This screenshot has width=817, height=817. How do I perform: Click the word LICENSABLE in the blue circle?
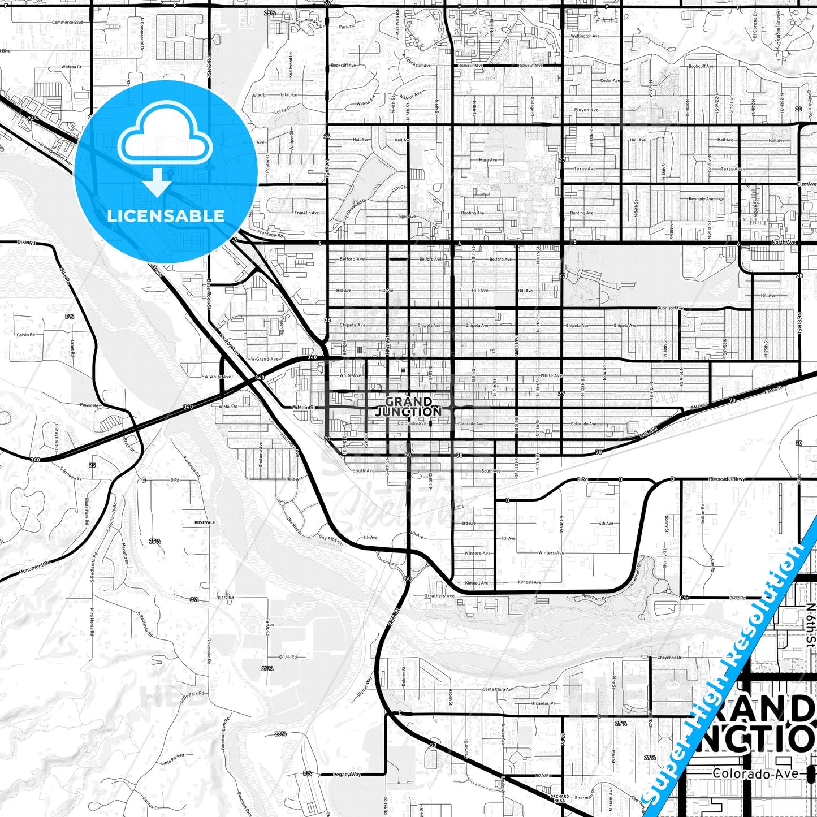point(166,215)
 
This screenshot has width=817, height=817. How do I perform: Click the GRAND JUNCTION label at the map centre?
point(408,407)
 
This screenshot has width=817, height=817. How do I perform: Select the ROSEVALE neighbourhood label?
point(205,522)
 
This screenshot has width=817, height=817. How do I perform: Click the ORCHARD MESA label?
point(559,798)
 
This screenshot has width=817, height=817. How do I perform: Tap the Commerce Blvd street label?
point(67,23)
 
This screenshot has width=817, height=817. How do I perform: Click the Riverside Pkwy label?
point(727,479)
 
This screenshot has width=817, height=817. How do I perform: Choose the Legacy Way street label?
point(347,774)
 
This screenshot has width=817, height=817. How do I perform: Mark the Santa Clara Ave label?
point(498,689)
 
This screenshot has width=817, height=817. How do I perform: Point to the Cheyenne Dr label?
point(669,658)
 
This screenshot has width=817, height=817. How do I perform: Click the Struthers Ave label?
point(439,596)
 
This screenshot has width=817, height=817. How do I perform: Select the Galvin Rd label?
point(25,335)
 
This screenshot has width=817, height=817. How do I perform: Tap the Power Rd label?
point(89,405)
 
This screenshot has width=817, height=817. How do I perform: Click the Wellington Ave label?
point(585,36)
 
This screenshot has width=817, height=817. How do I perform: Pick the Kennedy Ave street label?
point(701,199)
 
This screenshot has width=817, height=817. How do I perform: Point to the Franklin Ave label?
point(306,213)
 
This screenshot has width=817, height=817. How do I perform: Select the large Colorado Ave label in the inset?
point(755,773)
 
